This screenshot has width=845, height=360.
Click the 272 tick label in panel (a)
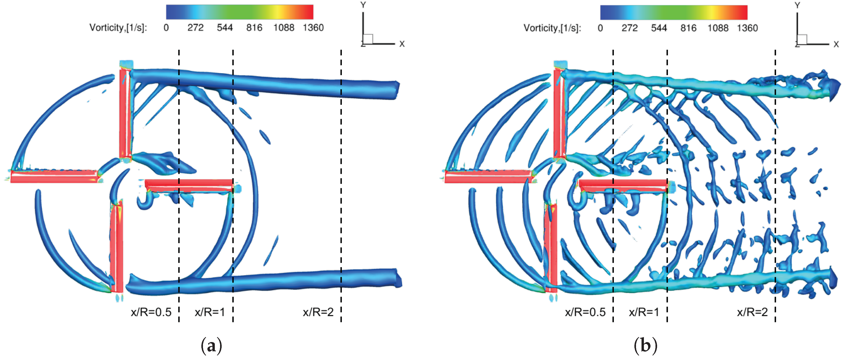pos(196,28)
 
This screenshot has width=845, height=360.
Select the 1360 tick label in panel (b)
pos(747,28)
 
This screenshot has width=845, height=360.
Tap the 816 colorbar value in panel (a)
pos(254,28)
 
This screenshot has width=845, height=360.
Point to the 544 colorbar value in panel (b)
pos(659,28)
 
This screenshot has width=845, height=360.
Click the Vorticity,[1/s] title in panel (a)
pos(118,28)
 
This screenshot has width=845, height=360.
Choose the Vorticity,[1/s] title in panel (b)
pos(552,28)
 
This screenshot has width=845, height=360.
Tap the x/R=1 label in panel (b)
pos(644,312)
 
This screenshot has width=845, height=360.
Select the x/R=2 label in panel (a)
pos(318,312)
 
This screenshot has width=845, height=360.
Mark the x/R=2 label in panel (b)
pos(752,312)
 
